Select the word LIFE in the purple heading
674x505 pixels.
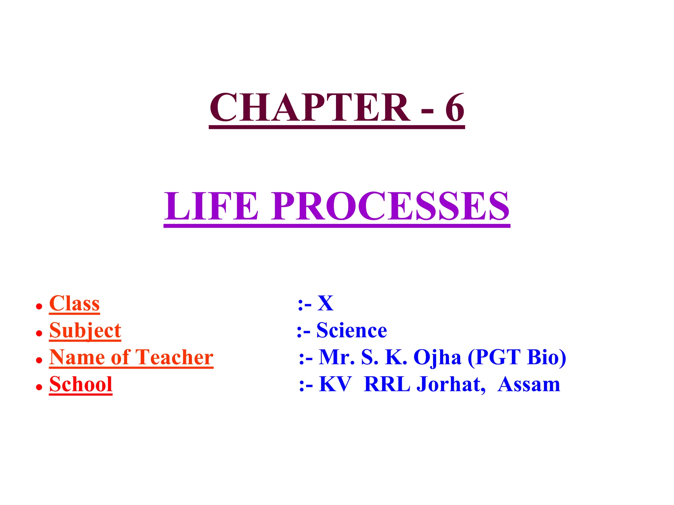pos(211,206)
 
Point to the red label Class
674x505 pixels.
pos(74,303)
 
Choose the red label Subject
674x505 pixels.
pos(85,330)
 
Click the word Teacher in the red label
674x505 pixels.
pos(174,357)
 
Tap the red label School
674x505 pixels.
pos(81,384)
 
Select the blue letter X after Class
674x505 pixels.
pos(325,303)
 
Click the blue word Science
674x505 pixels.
pos(351,330)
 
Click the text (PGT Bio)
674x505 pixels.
pos(517,357)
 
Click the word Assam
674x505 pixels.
pos(529,384)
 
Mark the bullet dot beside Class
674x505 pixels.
pos(39,306)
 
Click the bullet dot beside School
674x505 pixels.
pos(39,387)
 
